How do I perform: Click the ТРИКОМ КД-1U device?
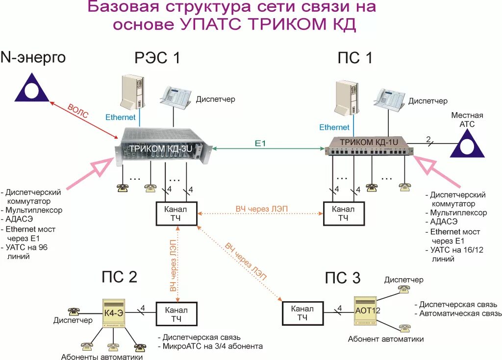point(371,148)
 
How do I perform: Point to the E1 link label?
point(260,143)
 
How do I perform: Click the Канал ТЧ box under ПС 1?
point(343,213)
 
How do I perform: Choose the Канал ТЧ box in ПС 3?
point(302,313)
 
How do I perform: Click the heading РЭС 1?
point(157,58)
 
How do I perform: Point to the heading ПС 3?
point(343,278)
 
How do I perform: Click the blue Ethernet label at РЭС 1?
point(121,118)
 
